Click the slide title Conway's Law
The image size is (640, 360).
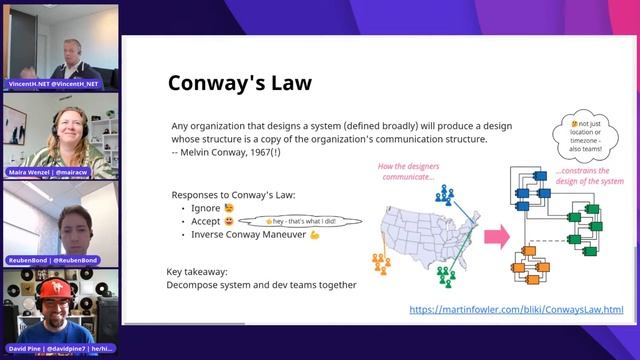coord(239,81)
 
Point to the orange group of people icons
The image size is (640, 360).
coord(382,262)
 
